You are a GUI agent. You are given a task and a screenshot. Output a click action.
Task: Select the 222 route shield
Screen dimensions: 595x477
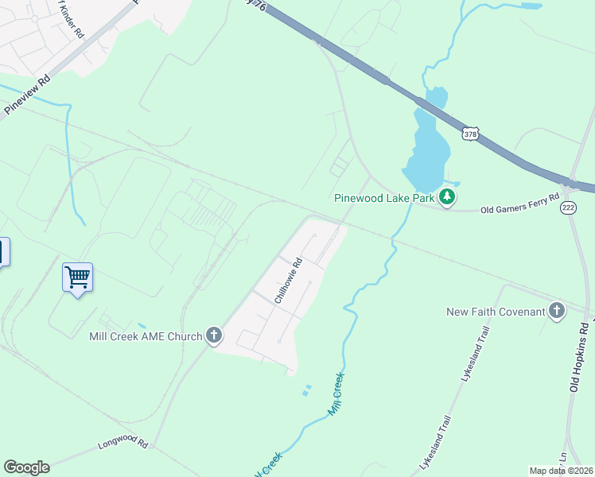coord(568,207)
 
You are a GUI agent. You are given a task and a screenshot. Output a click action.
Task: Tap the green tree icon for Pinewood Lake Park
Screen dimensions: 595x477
coord(447,197)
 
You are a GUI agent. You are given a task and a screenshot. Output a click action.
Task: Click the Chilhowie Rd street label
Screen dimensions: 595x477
coord(288,281)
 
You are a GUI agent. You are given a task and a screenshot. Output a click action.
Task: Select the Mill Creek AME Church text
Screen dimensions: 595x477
coord(146,336)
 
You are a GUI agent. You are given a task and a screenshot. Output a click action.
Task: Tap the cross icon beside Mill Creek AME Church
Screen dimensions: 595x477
coord(214,335)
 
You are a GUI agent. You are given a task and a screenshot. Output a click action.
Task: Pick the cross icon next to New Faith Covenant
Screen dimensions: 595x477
coord(556,311)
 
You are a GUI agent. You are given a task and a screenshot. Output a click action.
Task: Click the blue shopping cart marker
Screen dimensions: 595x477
coord(77,277)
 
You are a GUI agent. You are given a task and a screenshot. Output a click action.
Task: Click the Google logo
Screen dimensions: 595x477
coord(26,467)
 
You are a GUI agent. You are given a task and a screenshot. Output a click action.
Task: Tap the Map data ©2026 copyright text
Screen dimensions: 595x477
coord(560,471)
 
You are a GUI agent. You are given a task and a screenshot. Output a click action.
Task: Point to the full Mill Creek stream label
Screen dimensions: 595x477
coord(337,394)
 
